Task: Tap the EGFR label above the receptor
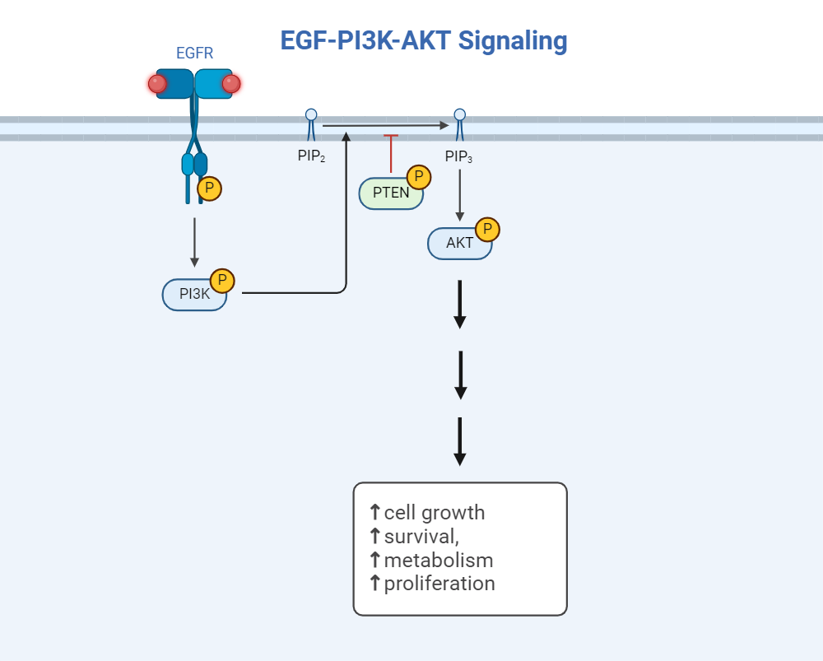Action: (194, 54)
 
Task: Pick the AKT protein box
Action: (459, 244)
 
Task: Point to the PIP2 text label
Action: (311, 156)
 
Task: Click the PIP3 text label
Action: (458, 156)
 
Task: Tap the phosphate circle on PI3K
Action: (222, 281)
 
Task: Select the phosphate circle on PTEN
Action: (419, 177)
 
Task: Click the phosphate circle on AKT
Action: (488, 230)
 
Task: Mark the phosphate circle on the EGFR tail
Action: (210, 189)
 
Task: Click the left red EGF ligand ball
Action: (157, 84)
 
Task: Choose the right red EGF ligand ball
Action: (231, 84)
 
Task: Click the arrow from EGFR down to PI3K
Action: (194, 242)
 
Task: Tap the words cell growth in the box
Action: (435, 513)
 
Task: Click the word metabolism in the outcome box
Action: (439, 561)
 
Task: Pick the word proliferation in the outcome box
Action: (439, 584)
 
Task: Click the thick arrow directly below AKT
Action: (460, 304)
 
